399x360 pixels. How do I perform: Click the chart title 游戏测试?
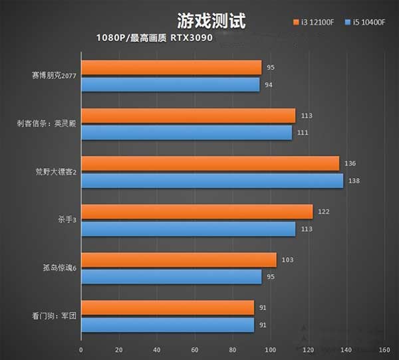211,21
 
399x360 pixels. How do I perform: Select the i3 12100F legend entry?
317,23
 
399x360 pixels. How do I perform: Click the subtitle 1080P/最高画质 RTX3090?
154,38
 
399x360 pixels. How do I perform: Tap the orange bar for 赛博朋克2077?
171,68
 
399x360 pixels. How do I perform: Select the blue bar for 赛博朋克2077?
170,84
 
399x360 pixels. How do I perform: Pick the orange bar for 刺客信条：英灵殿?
188,116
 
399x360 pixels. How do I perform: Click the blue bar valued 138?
212,181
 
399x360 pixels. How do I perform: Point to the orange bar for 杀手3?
197,212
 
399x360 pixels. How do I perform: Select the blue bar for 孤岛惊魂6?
171,276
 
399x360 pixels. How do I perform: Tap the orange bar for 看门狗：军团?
168,308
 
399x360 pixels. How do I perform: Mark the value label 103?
288,260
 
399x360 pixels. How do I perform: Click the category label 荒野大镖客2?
56,172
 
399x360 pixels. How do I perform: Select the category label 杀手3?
67,220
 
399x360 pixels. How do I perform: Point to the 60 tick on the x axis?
195,349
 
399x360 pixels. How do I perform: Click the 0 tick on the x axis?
81,349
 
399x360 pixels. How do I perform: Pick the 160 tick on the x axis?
384,349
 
